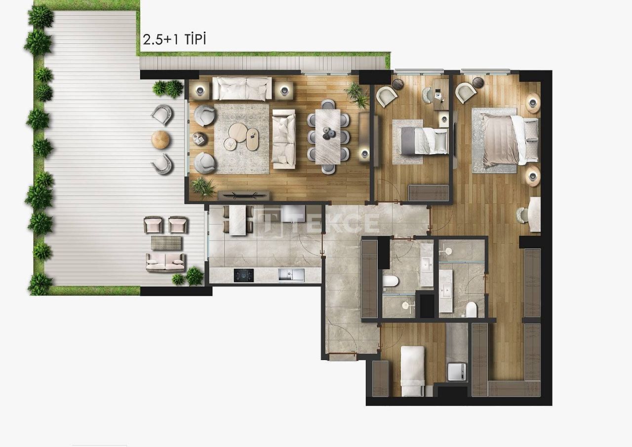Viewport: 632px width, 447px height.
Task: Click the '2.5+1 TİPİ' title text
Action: pyautogui.click(x=174, y=40)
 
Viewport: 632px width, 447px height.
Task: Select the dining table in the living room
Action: pyautogui.click(x=327, y=136)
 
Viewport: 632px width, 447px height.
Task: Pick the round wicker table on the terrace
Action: pyautogui.click(x=161, y=140)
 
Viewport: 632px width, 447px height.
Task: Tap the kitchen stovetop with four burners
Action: pyautogui.click(x=243, y=275)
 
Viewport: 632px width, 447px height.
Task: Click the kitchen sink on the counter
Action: pyautogui.click(x=287, y=275)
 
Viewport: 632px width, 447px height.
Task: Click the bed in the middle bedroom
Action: pyautogui.click(x=420, y=140)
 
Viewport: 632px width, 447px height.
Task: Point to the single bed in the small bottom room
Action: pyautogui.click(x=412, y=370)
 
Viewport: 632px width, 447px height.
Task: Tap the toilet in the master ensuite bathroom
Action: pyautogui.click(x=471, y=309)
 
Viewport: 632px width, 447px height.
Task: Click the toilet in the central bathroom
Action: pyautogui.click(x=391, y=282)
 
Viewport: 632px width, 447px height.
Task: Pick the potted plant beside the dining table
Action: pyautogui.click(x=356, y=94)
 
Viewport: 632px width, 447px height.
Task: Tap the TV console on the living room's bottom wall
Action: pyautogui.click(x=244, y=194)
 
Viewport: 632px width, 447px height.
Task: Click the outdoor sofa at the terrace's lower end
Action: pyautogui.click(x=165, y=262)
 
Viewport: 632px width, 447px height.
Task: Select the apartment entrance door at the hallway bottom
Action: pyautogui.click(x=342, y=354)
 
